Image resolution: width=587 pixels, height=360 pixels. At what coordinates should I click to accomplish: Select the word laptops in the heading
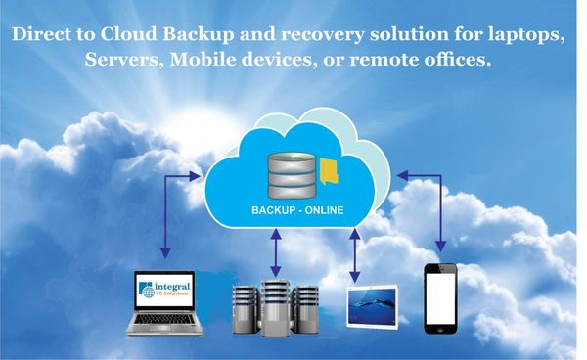tap(528, 35)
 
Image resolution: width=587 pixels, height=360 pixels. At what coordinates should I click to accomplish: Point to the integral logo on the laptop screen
tap(167, 290)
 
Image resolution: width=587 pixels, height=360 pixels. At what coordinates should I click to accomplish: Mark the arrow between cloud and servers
tap(277, 251)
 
